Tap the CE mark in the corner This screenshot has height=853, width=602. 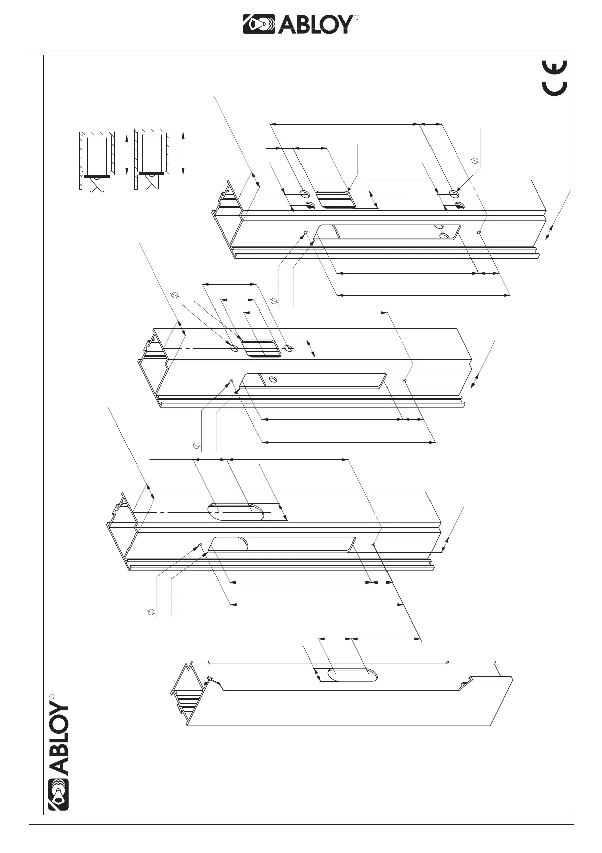tap(555, 77)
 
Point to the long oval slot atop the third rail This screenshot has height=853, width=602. tap(236, 512)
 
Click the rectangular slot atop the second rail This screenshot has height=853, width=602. tap(261, 349)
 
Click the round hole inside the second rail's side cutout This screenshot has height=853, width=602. tap(273, 379)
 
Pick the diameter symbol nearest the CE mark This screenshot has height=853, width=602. tap(475, 161)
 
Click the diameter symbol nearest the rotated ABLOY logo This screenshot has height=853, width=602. tap(150, 612)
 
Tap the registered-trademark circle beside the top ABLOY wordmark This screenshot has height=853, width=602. tap(357, 18)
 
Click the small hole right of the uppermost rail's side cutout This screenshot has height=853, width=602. tap(479, 232)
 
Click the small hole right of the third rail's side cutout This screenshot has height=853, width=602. tap(373, 545)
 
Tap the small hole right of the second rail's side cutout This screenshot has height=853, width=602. tap(404, 381)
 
